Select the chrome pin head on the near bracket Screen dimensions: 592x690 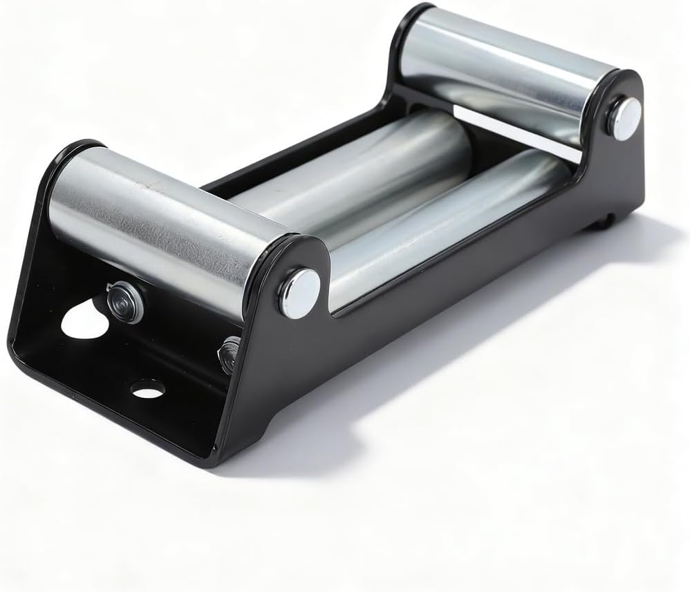tap(299, 292)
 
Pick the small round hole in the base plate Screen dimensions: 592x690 tap(147, 389)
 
